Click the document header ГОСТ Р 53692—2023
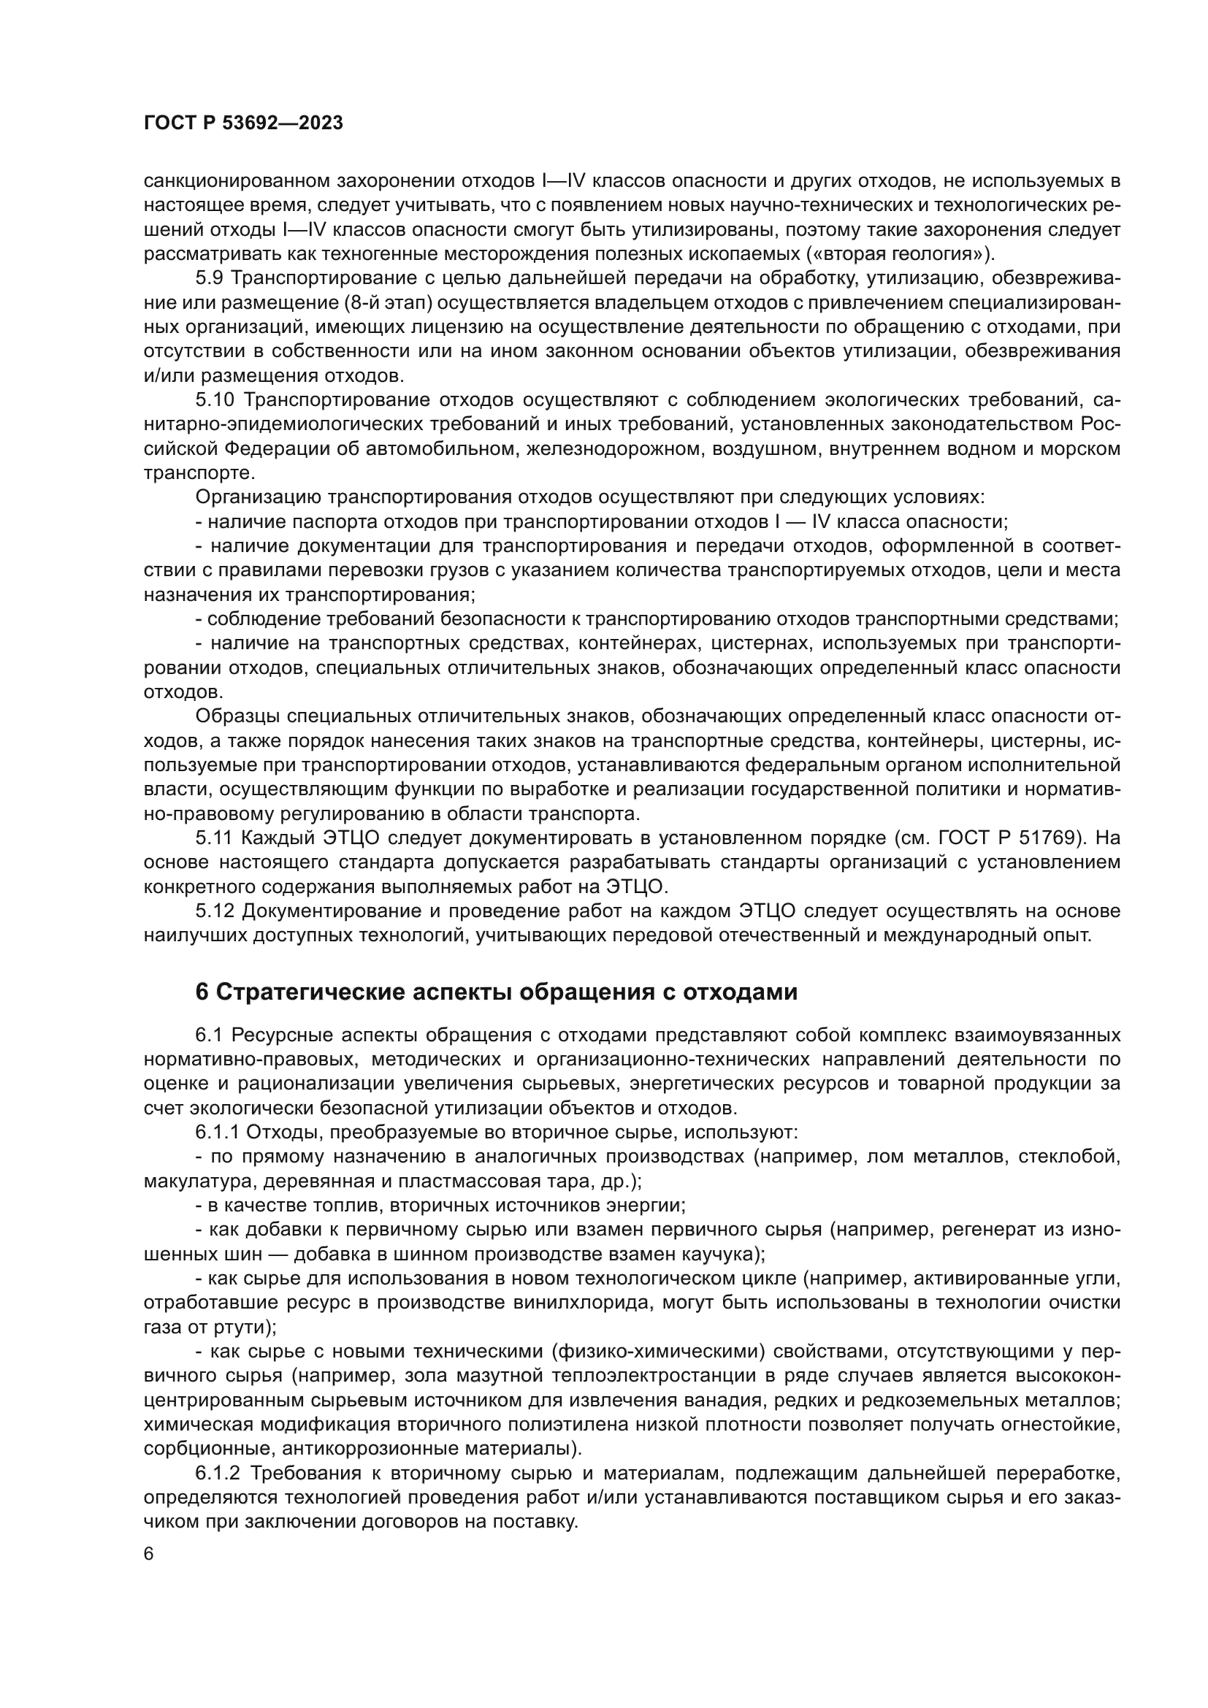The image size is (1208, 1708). (243, 123)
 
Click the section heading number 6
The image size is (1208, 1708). (202, 992)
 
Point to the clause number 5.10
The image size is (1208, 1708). (215, 400)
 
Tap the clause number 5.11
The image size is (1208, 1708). (214, 838)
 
